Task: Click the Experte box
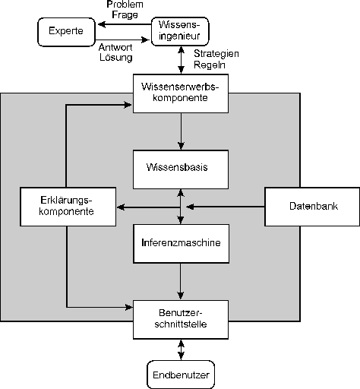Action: [x=66, y=32]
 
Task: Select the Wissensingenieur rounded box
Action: [x=180, y=31]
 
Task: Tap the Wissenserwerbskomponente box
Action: [x=181, y=93]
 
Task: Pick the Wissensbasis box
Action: [x=181, y=169]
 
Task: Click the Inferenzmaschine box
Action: [x=182, y=244]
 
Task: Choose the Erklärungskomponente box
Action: [x=68, y=207]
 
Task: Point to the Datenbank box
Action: [x=312, y=207]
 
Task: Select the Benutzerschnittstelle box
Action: [x=181, y=320]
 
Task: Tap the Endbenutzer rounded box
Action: [x=181, y=375]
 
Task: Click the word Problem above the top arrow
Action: [x=125, y=5]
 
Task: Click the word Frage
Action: [x=125, y=14]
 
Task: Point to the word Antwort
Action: [x=115, y=47]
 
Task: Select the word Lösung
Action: [x=116, y=57]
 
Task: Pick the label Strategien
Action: [x=216, y=54]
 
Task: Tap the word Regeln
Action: [x=210, y=65]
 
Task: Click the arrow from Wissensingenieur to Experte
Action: [x=125, y=24]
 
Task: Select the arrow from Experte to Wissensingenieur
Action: [x=122, y=40]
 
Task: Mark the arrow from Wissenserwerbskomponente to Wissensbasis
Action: [x=181, y=131]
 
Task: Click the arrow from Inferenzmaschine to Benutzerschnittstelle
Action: [x=181, y=282]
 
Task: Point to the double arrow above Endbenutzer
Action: [x=181, y=349]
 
